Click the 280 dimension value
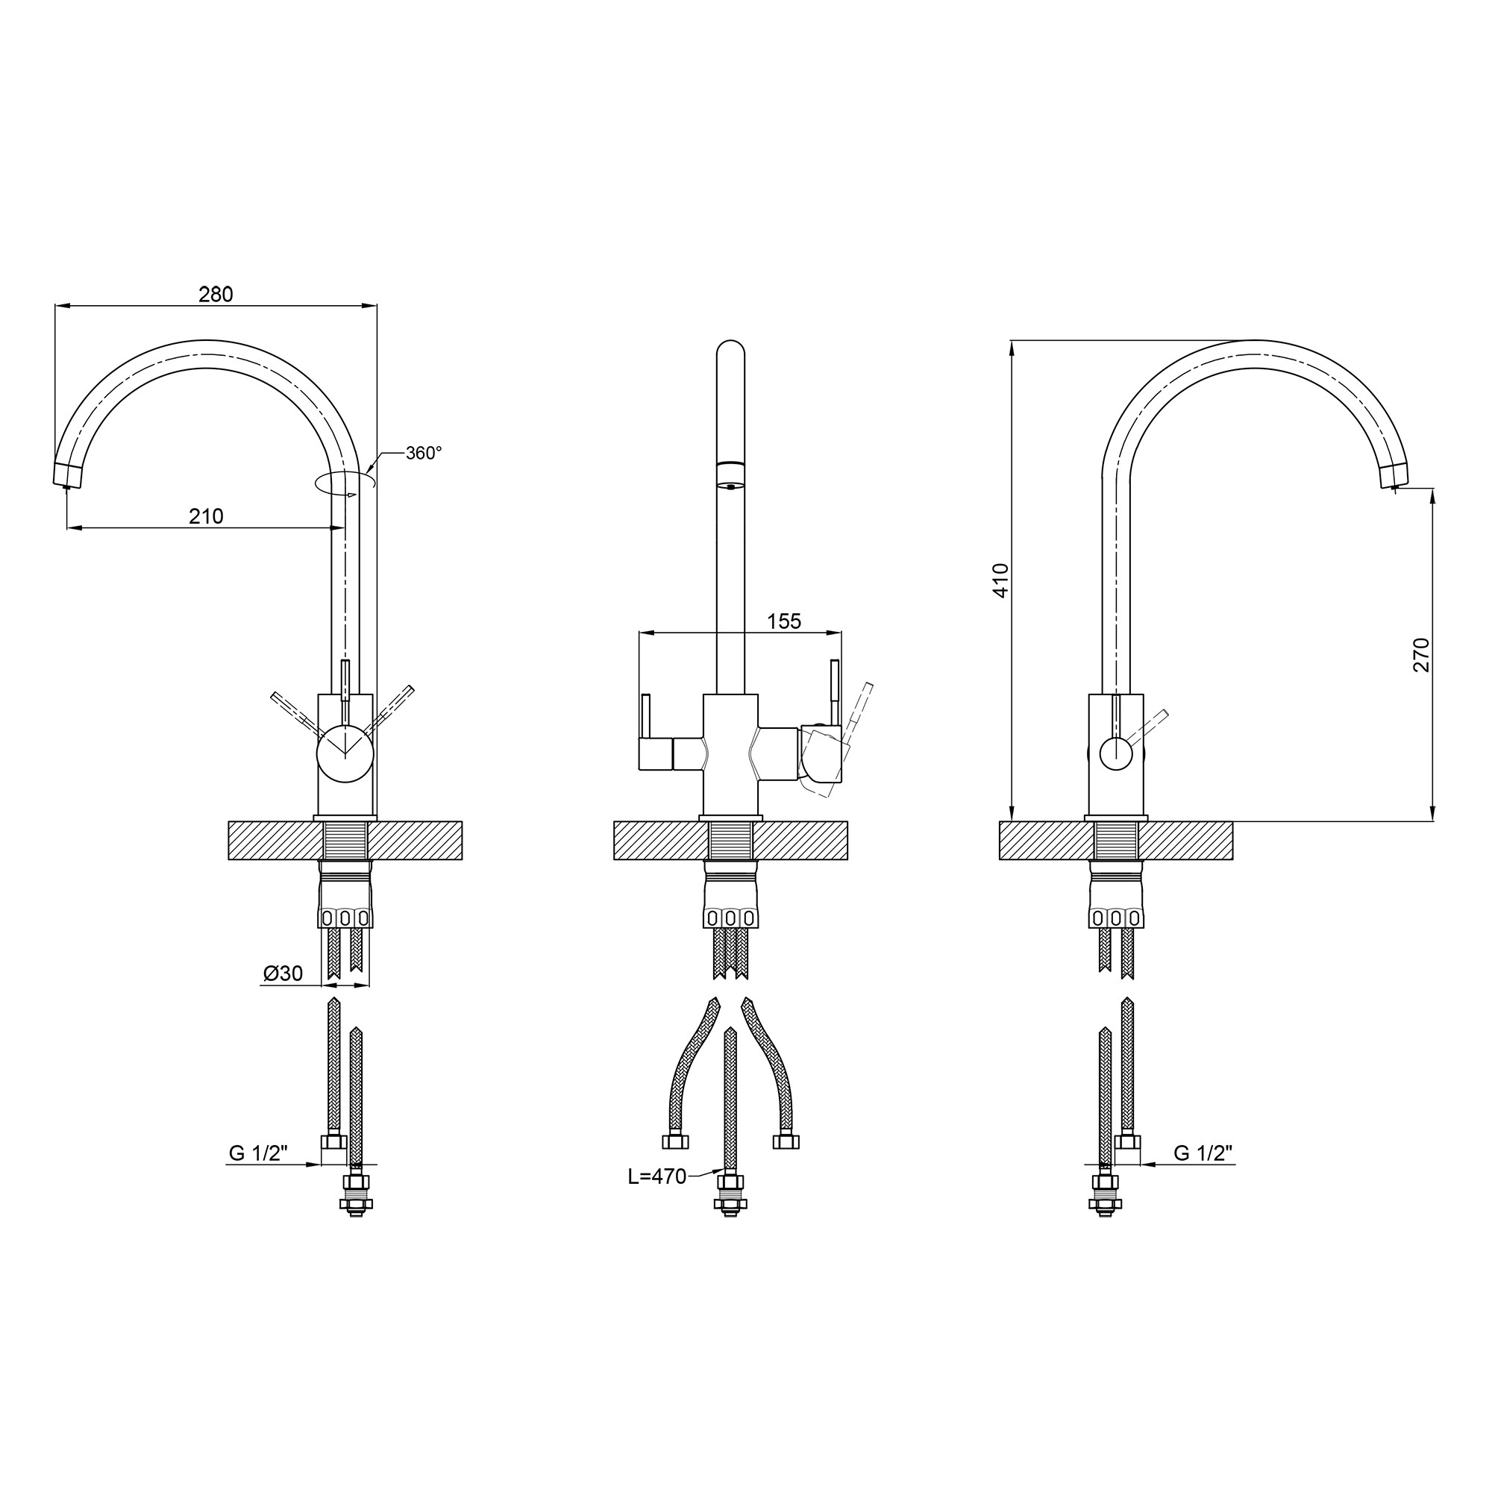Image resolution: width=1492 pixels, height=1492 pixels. click(216, 294)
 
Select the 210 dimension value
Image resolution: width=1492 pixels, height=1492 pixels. click(206, 516)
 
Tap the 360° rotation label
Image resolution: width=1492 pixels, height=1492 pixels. click(424, 454)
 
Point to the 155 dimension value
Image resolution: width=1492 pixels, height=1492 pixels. click(785, 621)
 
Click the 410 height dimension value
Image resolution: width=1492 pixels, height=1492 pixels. click(1001, 580)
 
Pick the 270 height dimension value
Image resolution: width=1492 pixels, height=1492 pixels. click(1422, 655)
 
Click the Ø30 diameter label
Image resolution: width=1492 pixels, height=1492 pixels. click(283, 973)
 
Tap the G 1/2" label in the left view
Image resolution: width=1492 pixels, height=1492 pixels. click(258, 1153)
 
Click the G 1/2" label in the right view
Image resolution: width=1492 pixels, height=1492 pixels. click(1203, 1153)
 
